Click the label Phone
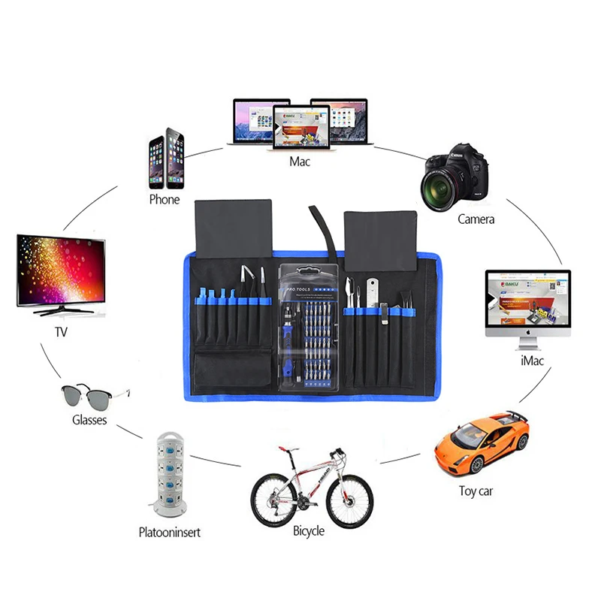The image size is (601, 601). tap(165, 200)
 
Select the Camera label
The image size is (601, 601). tap(476, 219)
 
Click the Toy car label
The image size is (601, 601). tap(476, 491)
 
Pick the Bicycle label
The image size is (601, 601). tap(309, 531)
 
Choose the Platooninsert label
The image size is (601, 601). tap(170, 533)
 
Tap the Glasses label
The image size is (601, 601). tap(89, 420)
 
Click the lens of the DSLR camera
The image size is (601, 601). tap(438, 185)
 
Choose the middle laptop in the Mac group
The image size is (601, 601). tap(300, 126)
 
